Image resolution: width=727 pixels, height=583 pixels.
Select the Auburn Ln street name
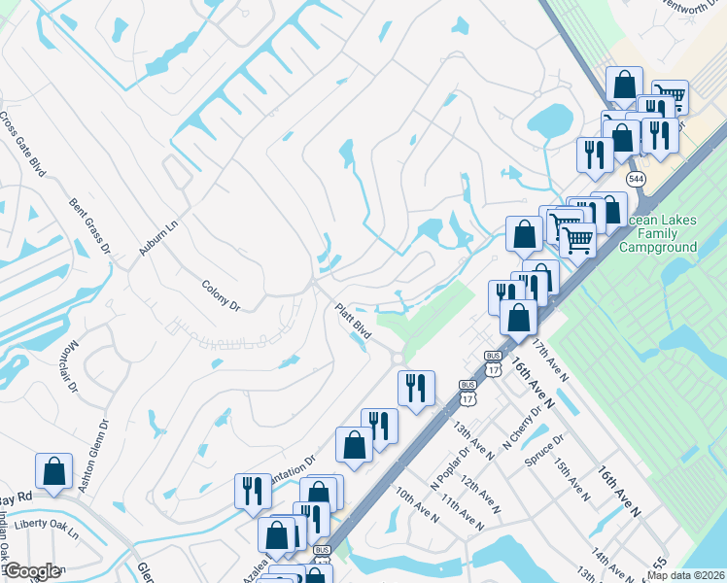point(159,236)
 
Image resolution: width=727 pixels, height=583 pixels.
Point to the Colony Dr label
point(221,294)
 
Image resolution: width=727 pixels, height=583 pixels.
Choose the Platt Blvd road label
point(354,318)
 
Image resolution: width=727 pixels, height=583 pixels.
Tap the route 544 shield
point(635,180)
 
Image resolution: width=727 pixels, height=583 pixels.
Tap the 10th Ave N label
point(416,507)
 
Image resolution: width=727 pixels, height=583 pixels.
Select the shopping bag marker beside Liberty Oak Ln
point(53,471)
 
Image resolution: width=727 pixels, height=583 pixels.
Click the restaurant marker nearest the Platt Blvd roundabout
point(417,389)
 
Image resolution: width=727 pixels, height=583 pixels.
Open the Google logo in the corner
point(31,571)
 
